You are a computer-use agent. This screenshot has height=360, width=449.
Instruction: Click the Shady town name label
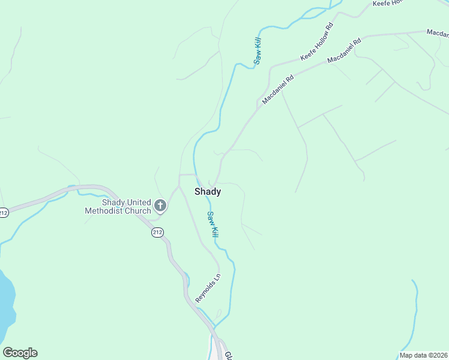pyautogui.click(x=208, y=192)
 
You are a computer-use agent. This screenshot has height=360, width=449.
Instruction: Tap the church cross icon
pyautogui.click(x=160, y=206)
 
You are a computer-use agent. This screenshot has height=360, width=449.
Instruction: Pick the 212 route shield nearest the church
pyautogui.click(x=157, y=232)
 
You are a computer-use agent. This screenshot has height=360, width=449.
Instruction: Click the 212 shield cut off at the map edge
pyautogui.click(x=4, y=212)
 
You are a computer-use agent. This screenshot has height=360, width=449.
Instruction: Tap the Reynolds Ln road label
pyautogui.click(x=208, y=288)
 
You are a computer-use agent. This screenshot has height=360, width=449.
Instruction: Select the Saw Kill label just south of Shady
pyautogui.click(x=212, y=224)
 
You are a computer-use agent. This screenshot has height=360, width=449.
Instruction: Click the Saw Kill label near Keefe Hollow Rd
pyautogui.click(x=258, y=51)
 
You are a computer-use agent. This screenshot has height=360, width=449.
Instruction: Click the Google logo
pyautogui.click(x=20, y=353)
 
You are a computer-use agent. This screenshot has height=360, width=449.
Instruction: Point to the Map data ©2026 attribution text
pyautogui.click(x=423, y=355)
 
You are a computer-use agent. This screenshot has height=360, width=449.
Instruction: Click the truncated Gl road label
pyautogui.click(x=228, y=356)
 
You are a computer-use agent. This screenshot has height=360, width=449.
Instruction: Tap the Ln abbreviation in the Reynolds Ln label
pyautogui.click(x=217, y=278)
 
